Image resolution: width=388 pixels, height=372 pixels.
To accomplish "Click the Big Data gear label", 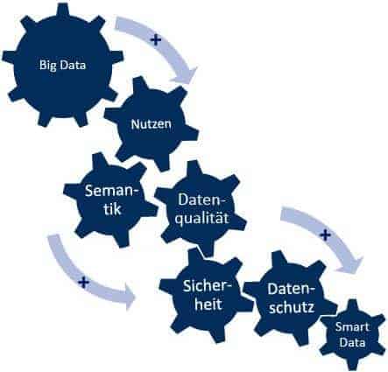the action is (63, 65).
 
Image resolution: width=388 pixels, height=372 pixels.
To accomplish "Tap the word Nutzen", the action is (151, 124).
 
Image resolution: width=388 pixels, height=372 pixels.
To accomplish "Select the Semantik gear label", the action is (112, 200).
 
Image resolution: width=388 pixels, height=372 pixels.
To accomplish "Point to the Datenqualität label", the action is (202, 209).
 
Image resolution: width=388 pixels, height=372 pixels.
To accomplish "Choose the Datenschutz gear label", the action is (292, 298).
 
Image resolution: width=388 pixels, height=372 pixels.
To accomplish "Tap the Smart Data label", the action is (352, 334).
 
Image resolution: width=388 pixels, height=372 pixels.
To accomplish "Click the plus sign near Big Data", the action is (156, 40).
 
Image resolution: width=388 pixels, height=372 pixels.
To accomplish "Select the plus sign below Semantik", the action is (84, 282).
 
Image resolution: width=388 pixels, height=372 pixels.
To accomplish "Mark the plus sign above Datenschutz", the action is (325, 235).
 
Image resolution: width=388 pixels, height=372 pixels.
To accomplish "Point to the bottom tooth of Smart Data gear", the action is (353, 365).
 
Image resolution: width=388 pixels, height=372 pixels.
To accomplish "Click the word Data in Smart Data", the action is (353, 342).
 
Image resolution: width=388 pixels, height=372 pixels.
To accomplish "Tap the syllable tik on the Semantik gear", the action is (112, 209).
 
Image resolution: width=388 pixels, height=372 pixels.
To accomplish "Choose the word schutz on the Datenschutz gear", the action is (292, 307).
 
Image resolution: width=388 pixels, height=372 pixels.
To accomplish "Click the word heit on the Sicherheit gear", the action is (208, 305).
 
